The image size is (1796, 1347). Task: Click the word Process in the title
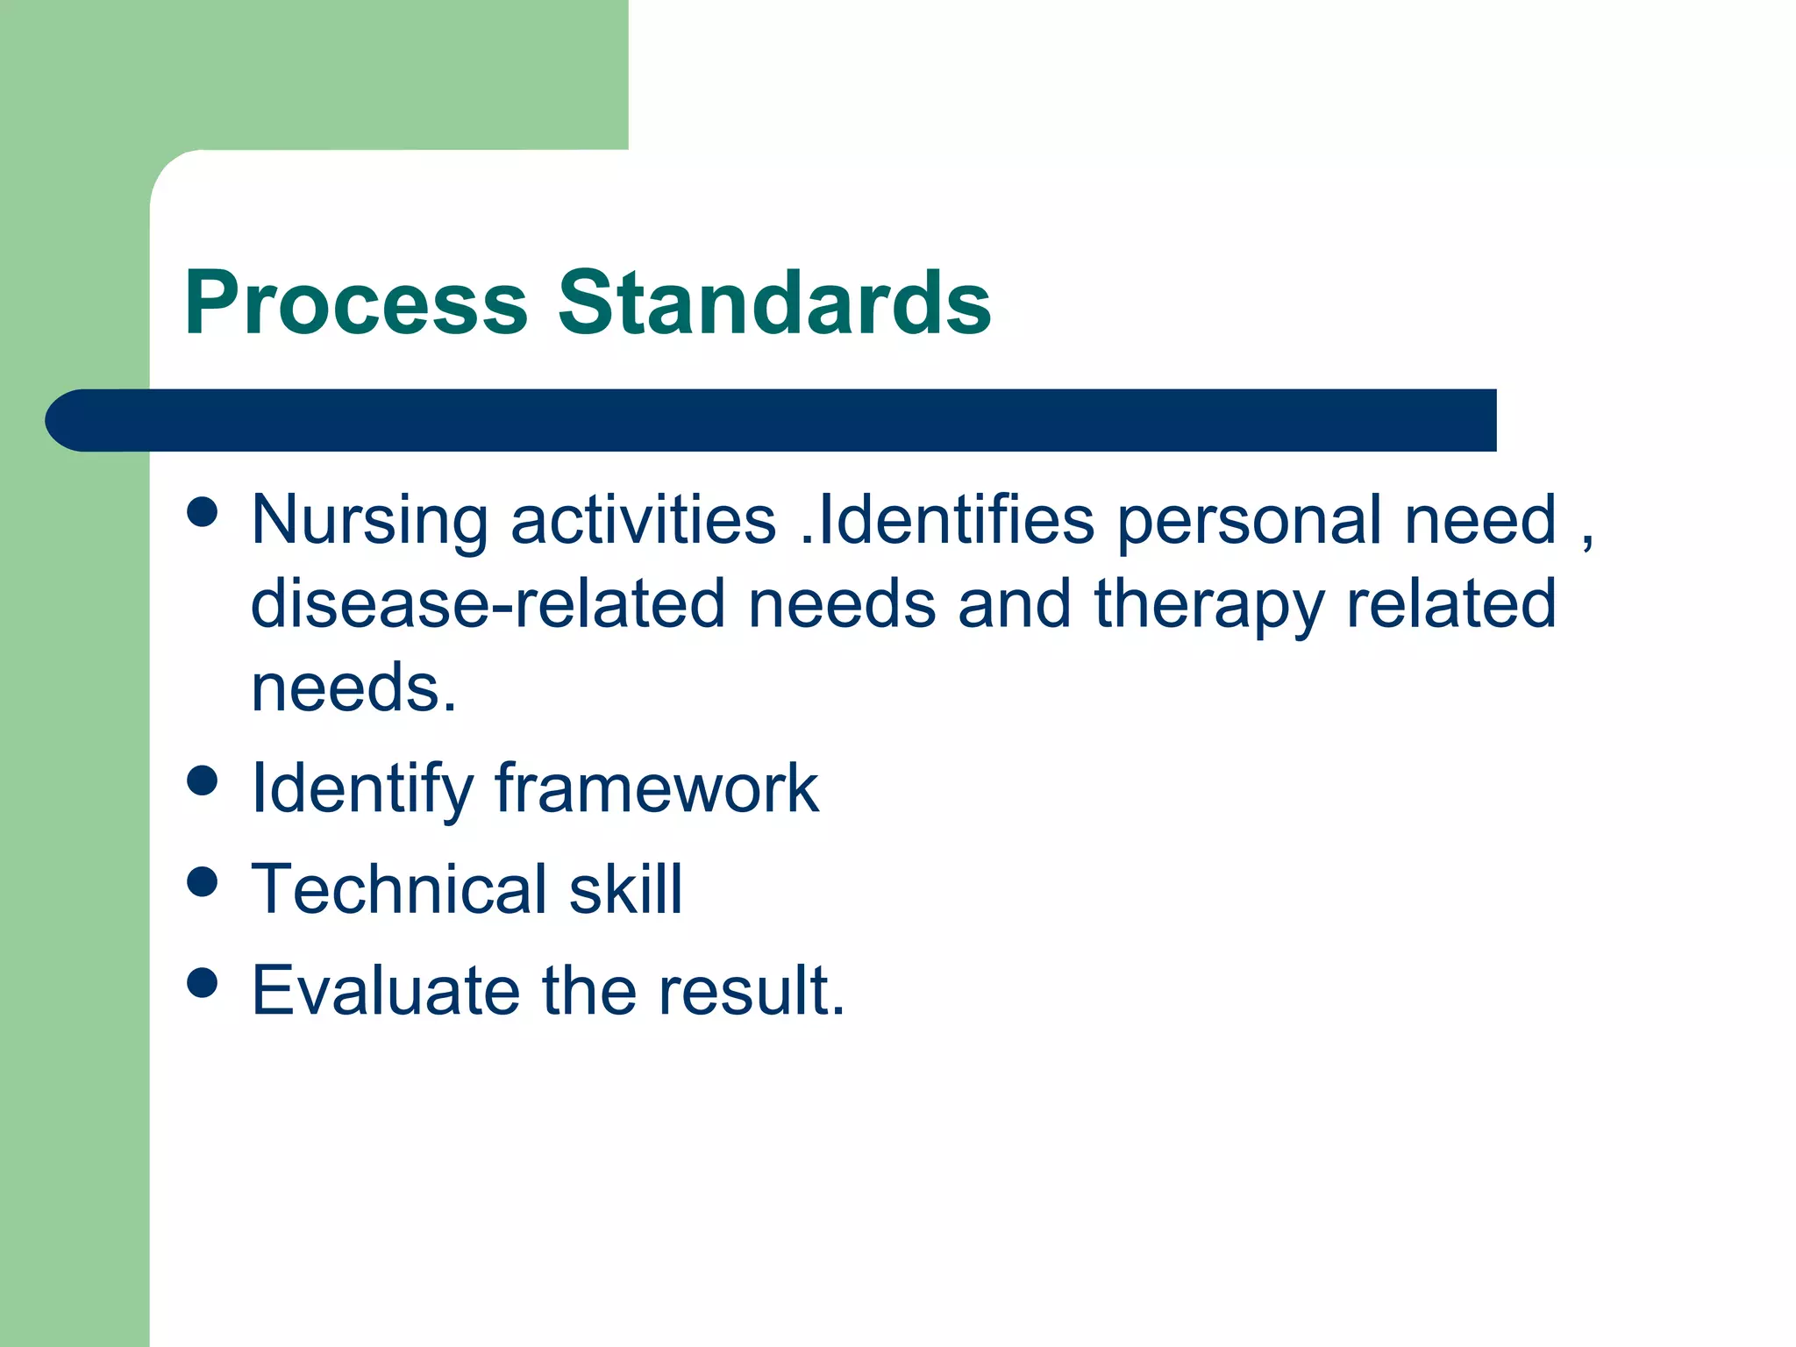tap(356, 303)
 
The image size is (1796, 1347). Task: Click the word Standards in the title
tap(774, 303)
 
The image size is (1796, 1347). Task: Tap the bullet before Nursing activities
tap(203, 511)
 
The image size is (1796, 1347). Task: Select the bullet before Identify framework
tap(203, 780)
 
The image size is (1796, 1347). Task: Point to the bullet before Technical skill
tap(203, 881)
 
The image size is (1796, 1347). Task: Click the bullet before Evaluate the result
tap(203, 982)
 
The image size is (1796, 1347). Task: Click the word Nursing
tap(369, 521)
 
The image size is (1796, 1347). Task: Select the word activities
tap(643, 519)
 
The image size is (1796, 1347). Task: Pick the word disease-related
tap(488, 603)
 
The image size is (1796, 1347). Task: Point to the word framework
tap(657, 788)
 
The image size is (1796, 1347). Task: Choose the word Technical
tap(399, 888)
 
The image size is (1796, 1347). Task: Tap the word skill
tap(625, 888)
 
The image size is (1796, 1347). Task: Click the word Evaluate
tap(386, 990)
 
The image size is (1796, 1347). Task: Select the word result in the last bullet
tap(752, 990)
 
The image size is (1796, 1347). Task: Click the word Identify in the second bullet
tap(362, 789)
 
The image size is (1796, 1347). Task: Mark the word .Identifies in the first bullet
tap(947, 519)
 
